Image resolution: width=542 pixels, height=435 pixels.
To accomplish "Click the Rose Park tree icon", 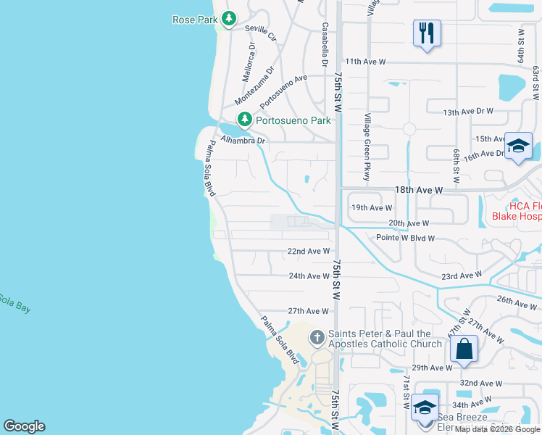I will [229, 19].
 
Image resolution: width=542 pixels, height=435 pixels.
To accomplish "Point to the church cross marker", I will [317, 337].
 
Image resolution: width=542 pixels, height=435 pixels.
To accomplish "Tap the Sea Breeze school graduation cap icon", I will [425, 408].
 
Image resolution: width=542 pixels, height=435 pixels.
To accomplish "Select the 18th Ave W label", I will [419, 189].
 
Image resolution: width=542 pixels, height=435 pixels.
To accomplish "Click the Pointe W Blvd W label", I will [405, 238].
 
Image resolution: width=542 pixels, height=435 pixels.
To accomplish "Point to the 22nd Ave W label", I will [309, 252].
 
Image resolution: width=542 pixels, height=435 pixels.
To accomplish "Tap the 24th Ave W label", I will [309, 276].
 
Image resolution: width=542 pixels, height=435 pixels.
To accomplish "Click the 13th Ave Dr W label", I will [467, 112].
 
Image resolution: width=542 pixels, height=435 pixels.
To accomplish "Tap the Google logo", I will [24, 426].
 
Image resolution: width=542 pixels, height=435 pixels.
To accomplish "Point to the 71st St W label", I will [406, 392].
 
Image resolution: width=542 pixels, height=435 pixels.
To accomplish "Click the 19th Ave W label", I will [372, 207].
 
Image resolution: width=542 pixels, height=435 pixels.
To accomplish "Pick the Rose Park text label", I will [195, 20].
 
